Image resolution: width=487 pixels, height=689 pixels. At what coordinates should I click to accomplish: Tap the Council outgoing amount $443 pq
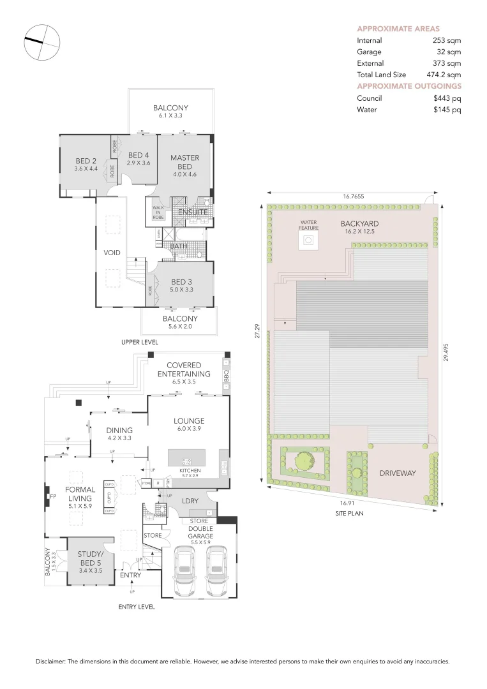pyautogui.click(x=447, y=98)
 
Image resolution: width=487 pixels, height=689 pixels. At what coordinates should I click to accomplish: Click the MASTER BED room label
pyautogui.click(x=184, y=162)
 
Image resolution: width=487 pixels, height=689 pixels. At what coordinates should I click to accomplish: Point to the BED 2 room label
pyautogui.click(x=86, y=161)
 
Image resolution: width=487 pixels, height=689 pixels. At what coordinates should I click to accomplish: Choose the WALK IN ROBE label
pyautogui.click(x=158, y=212)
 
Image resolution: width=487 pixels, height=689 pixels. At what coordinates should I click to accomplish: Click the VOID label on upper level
pyautogui.click(x=112, y=253)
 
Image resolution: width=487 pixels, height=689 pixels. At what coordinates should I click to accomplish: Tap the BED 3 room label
pyautogui.click(x=181, y=282)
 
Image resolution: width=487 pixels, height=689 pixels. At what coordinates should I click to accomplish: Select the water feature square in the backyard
pyautogui.click(x=308, y=241)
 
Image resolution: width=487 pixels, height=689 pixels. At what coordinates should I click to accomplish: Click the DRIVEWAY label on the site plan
pyautogui.click(x=398, y=473)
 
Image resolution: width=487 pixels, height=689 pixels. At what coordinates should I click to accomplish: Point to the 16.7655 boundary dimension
pyautogui.click(x=348, y=197)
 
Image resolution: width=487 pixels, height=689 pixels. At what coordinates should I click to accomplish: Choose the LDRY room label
pyautogui.click(x=190, y=501)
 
